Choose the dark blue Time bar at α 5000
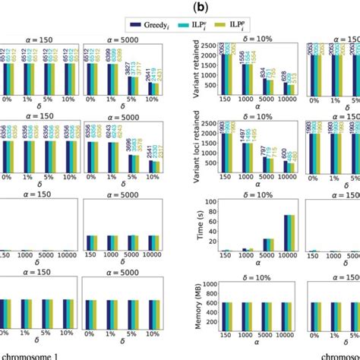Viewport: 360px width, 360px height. pos(263,245)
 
